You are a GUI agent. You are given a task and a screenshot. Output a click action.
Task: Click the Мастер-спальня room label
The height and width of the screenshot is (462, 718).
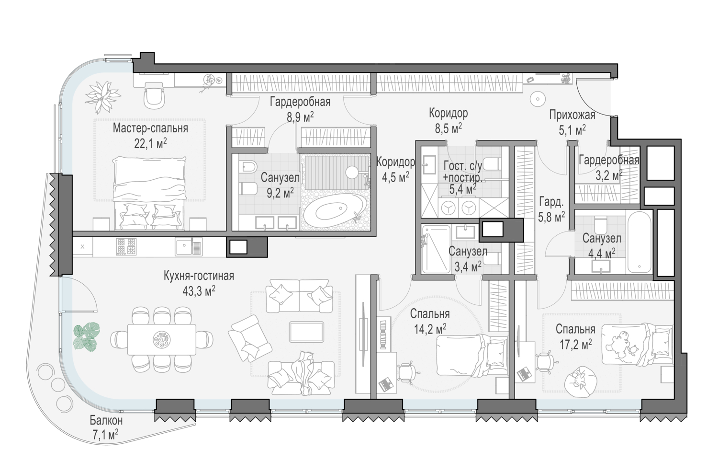(x=150, y=128)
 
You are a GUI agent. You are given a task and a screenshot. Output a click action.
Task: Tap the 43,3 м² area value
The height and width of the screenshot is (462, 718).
(x=199, y=291)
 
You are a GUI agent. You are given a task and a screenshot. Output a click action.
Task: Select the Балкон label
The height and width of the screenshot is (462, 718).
(x=106, y=420)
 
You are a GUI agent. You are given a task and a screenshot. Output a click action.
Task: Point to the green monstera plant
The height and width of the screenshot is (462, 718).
(x=86, y=336)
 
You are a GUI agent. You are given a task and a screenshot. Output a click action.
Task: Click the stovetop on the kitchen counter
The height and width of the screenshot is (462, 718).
(x=126, y=246)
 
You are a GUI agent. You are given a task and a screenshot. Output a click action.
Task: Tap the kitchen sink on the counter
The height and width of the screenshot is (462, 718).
(x=189, y=246)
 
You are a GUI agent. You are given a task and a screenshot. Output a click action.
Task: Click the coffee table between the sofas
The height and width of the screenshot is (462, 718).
(x=306, y=332)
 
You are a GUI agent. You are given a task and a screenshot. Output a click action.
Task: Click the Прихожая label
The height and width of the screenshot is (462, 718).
(x=572, y=115)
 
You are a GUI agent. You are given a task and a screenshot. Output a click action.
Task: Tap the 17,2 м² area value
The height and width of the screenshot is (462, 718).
(x=576, y=345)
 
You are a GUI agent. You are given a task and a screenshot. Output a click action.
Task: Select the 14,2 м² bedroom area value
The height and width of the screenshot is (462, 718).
(x=430, y=329)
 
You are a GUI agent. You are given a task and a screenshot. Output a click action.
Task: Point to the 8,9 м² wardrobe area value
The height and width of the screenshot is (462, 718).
(x=300, y=117)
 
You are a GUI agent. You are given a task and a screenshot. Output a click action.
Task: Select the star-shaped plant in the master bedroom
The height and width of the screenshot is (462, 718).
(x=102, y=96)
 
